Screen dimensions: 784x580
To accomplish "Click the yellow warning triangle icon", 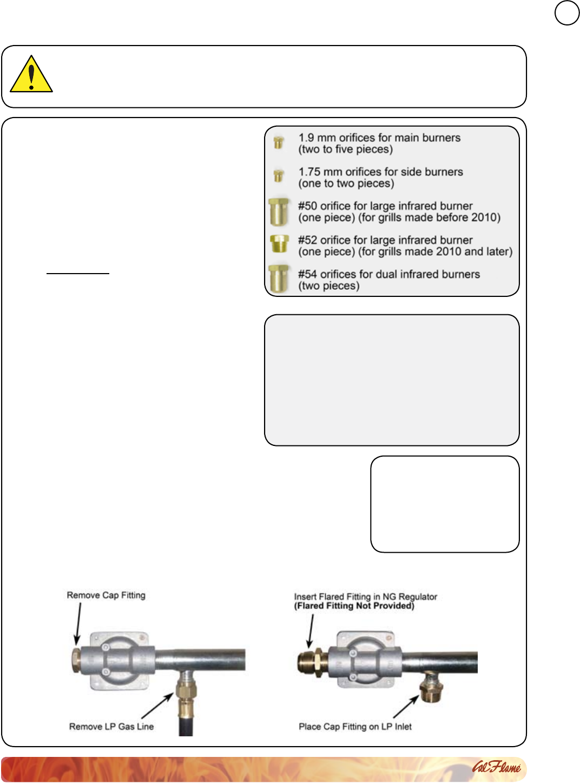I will [x=31, y=75].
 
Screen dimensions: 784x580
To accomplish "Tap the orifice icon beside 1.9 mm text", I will [x=279, y=142].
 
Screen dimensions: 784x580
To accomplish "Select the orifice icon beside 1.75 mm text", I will [x=279, y=176].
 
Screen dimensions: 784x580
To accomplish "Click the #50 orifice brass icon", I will [x=279, y=212].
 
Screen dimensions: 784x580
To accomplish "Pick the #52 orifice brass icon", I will [x=279, y=244].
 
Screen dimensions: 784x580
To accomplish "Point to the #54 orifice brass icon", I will [x=279, y=279].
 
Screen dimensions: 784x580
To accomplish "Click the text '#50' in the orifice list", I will [x=307, y=206].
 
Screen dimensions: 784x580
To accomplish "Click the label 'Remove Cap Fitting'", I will [x=106, y=595].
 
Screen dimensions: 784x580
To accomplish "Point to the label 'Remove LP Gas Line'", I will [x=111, y=727].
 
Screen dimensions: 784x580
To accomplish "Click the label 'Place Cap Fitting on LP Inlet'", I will [x=355, y=727].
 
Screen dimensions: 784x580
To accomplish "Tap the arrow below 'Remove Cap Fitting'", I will [x=78, y=624].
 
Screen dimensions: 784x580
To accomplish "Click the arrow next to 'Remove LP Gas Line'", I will [x=157, y=707].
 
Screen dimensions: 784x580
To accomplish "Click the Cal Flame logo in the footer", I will [x=496, y=767].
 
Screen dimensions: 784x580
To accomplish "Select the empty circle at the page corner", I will [x=566, y=14].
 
